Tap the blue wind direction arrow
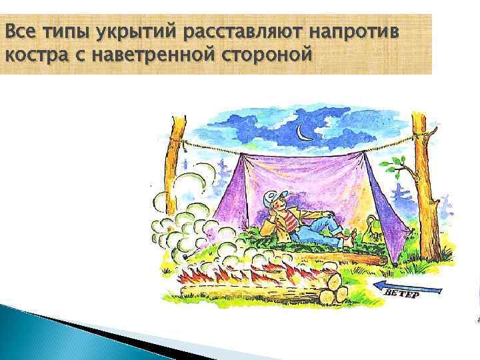click(x=407, y=288)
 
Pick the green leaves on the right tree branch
click(x=398, y=162)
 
